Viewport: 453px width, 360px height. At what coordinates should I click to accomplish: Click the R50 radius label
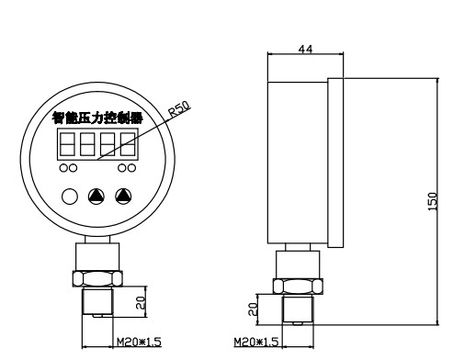coord(180,109)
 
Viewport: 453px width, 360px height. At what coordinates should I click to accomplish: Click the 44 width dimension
coord(306,49)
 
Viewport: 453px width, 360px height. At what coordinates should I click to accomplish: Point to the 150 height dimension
coord(433,201)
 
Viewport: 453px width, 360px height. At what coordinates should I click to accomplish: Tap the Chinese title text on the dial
coord(97,118)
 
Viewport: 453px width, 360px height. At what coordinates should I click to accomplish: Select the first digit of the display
coord(67,144)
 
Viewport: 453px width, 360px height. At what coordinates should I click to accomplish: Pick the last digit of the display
coord(128,144)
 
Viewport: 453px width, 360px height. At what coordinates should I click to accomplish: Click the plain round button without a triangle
coord(70,197)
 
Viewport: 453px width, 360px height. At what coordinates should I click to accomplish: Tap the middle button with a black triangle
coord(96,197)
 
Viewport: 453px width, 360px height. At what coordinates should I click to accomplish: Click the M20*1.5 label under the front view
coord(139,342)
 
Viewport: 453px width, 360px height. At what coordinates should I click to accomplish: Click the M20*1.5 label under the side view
coord(256,342)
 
